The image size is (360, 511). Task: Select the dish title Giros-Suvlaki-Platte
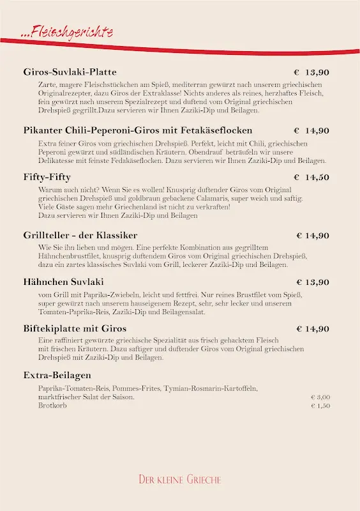click(70, 72)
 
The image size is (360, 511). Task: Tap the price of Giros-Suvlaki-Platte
click(311, 72)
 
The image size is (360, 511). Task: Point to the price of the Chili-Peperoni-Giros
click(311, 130)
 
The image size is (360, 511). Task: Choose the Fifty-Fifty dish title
click(47, 177)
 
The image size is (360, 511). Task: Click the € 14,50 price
click(311, 177)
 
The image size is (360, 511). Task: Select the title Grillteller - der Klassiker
click(80, 235)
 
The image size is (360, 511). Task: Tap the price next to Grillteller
click(313, 235)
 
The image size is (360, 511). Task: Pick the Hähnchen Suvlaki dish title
click(63, 282)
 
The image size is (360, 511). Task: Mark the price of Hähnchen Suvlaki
click(313, 282)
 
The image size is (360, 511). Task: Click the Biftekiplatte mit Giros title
click(75, 328)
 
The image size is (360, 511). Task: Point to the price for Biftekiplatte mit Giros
click(313, 328)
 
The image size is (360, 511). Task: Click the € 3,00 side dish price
click(320, 397)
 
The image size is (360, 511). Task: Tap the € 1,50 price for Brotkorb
click(320, 406)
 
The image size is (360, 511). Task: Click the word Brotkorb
click(52, 406)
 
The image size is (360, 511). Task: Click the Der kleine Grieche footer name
click(180, 479)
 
